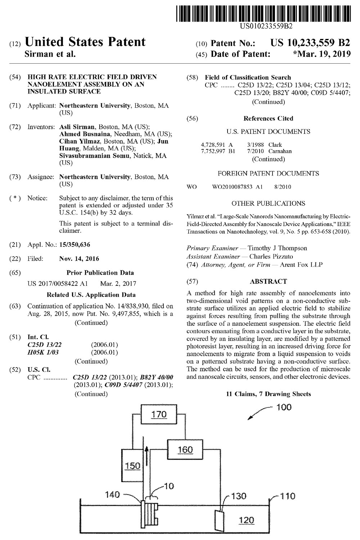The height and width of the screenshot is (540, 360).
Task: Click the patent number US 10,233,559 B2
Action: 310,43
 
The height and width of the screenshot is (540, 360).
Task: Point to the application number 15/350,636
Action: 75,245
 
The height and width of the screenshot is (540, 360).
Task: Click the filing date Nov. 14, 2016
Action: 79,258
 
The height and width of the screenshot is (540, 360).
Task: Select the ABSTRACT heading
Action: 268,281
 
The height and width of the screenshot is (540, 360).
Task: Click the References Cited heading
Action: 268,118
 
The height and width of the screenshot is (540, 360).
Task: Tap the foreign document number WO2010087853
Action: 237,187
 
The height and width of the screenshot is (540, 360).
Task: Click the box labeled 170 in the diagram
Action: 159,414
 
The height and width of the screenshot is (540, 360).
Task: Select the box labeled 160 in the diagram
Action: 185,450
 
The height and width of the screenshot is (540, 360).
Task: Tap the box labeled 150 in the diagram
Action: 133,466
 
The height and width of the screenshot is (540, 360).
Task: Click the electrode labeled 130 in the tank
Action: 219,519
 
